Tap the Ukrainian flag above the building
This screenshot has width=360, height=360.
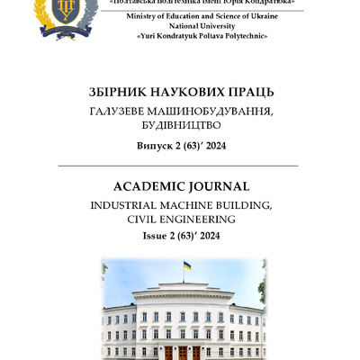click(x=186, y=267)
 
